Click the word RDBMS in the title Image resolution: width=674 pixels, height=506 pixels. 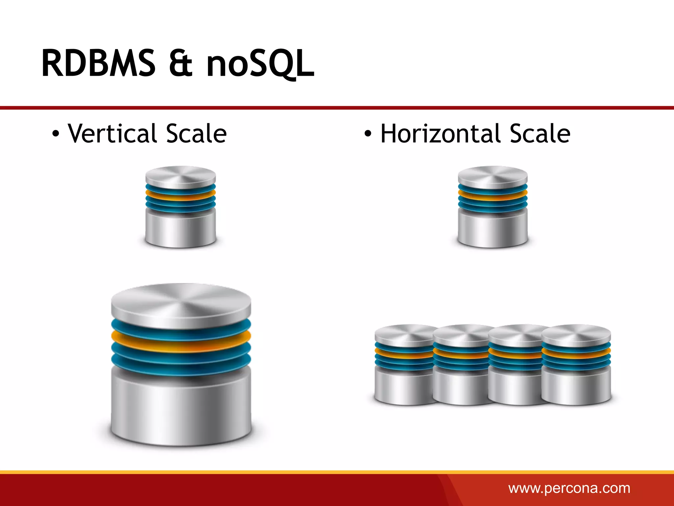(98, 63)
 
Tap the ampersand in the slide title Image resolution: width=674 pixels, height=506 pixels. (180, 63)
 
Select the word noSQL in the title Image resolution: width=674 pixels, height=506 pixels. (260, 63)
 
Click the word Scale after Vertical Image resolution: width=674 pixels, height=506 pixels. (196, 133)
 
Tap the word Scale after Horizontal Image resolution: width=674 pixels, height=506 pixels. (540, 133)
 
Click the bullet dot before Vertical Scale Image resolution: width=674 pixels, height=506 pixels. (56, 134)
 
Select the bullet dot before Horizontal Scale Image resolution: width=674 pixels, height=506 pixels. (368, 134)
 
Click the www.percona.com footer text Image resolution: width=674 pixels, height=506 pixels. (569, 488)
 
